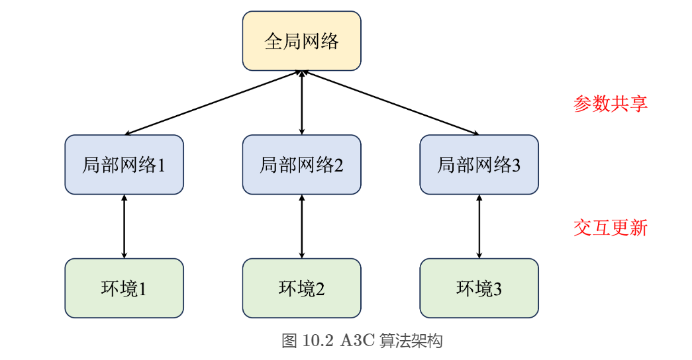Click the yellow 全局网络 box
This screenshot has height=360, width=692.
301,41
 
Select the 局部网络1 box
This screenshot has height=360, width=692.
124,165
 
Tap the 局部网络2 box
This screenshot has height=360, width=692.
301,165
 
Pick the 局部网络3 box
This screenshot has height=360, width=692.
479,165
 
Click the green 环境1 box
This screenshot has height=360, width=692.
124,288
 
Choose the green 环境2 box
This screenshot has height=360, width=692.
301,288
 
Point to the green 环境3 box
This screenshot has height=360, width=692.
479,288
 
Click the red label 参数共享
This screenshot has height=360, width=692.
610,104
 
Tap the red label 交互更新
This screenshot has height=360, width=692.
610,228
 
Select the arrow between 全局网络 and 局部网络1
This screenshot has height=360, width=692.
212,103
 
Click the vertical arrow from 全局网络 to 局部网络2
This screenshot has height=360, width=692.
302,103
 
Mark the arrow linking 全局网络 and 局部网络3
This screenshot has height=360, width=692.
391,103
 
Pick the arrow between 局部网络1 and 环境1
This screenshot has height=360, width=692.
124,226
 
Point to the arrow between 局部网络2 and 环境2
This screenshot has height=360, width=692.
302,226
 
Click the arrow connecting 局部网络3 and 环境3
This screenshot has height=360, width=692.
479,226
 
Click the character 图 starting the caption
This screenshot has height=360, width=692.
289,341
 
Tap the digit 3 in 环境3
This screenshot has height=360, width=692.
497,289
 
